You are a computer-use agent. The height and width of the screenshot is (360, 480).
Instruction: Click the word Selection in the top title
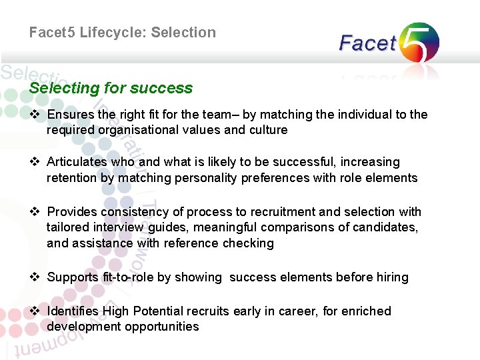183,33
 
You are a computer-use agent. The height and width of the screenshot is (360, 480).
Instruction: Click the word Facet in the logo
367,44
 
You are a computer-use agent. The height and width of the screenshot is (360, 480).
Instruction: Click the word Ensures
71,115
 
